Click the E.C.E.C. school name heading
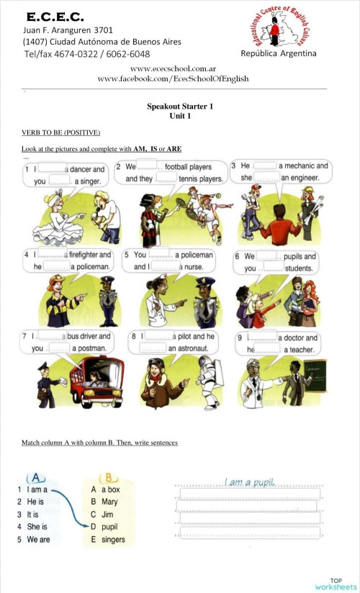55,16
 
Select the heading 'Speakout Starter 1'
180,106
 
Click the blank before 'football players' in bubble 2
150,166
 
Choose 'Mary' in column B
109,502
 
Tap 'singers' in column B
113,540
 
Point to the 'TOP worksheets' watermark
335,584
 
